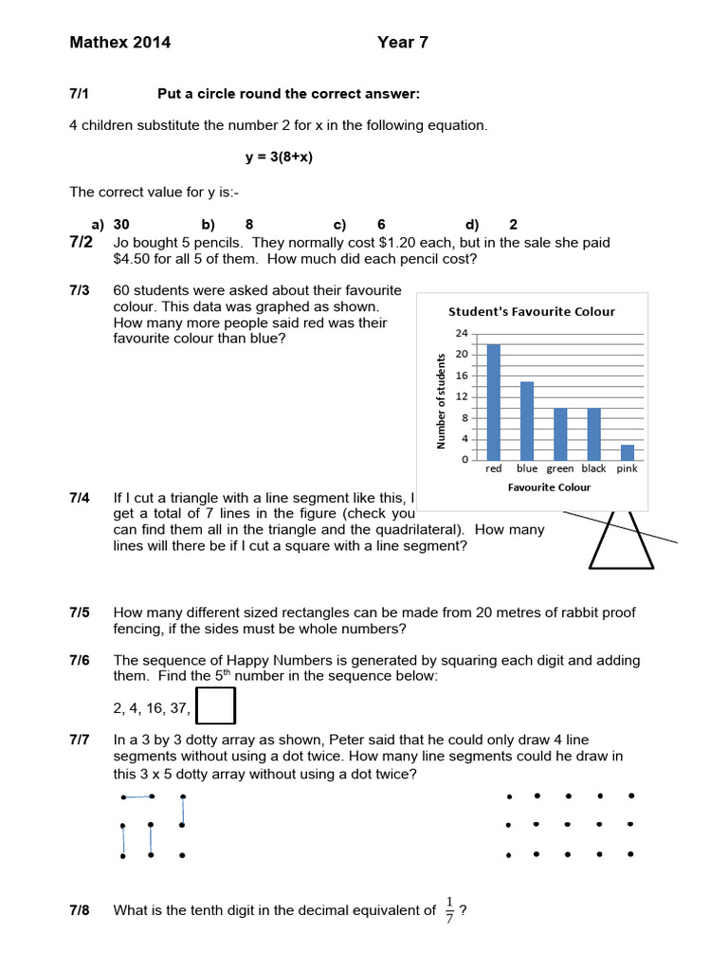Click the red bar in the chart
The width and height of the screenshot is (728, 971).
point(493,402)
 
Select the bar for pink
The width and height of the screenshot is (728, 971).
point(627,451)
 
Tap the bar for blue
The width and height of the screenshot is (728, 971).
point(527,420)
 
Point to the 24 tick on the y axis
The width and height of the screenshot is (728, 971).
point(462,334)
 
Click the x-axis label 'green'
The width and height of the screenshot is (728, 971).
point(560,468)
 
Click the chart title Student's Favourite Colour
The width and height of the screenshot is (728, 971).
point(531,311)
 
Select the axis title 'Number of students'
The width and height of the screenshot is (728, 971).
point(441,400)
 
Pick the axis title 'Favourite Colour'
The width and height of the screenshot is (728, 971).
point(549,487)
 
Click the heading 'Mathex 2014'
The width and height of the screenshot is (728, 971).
point(120,43)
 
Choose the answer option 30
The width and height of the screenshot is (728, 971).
point(121,225)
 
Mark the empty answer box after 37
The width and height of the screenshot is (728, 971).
point(218,706)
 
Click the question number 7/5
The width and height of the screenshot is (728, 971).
point(80,613)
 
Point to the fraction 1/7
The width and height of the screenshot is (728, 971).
point(449,910)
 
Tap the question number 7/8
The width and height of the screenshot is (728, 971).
point(80,910)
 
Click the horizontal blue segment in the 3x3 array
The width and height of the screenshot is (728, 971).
point(137,797)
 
